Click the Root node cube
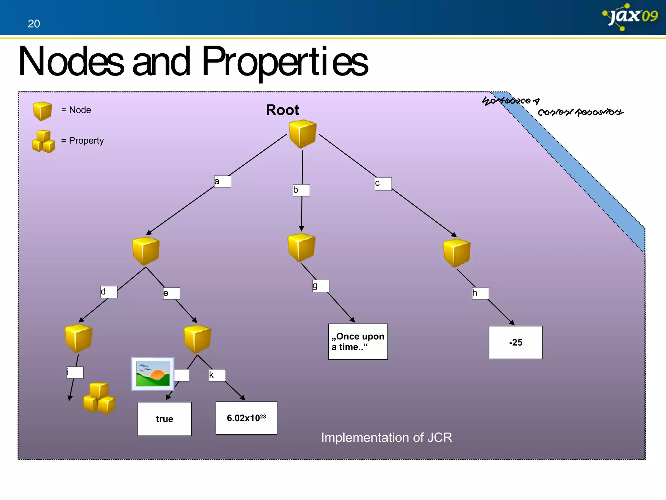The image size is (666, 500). tap(302, 134)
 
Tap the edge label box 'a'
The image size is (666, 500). tap(222, 182)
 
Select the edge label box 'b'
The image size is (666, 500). tap(301, 190)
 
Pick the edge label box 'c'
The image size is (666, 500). tap(383, 184)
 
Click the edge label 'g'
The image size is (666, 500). tap(321, 286)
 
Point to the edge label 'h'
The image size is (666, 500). tap(480, 293)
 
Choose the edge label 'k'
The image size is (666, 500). tap(217, 375)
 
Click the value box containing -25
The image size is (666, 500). tap(515, 342)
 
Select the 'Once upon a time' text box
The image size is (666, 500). tap(358, 341)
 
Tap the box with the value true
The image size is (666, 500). tap(165, 419)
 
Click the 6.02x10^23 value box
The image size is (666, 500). tap(246, 418)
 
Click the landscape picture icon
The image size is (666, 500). tap(153, 374)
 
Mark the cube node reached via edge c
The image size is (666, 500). tap(457, 253)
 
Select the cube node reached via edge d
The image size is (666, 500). tap(78, 338)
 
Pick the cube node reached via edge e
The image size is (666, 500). tap(197, 339)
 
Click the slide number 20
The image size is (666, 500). tap(34, 24)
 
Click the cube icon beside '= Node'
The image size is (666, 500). tap(42, 111)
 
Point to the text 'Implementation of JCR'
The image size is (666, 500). tap(386, 437)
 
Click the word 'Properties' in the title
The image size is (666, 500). tap(285, 62)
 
